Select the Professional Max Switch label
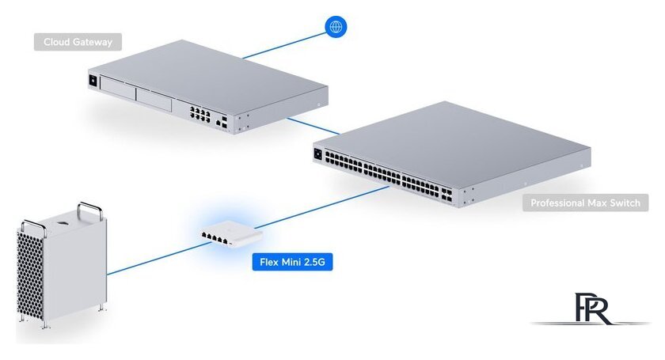[x=586, y=203]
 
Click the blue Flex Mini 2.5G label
[x=291, y=262]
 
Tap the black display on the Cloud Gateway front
[x=97, y=80]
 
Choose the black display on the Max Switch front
[x=319, y=153]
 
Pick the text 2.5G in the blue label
[x=312, y=262]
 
